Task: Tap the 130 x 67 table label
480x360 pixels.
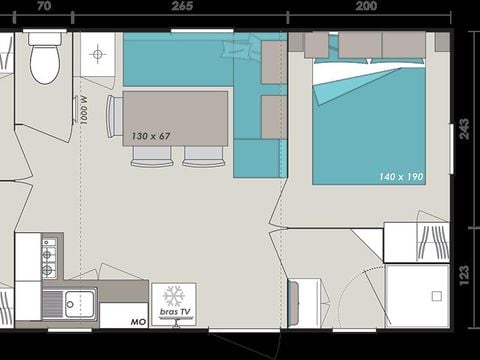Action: (x=151, y=136)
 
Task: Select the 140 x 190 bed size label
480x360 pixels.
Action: (x=401, y=176)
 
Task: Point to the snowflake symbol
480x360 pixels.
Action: (x=174, y=296)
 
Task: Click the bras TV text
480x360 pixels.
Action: (x=175, y=312)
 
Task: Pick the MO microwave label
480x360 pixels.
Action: (x=138, y=322)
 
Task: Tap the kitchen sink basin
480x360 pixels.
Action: (x=80, y=304)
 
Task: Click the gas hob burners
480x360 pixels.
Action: (x=49, y=258)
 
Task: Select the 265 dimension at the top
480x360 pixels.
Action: (x=182, y=6)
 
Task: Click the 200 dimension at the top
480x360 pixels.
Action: (x=366, y=6)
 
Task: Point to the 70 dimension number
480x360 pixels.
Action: (x=44, y=6)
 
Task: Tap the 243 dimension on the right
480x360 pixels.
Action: (x=464, y=129)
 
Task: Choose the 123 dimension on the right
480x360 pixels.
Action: (x=464, y=275)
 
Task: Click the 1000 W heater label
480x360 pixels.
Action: (x=84, y=110)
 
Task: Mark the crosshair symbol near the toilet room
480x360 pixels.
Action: (x=98, y=54)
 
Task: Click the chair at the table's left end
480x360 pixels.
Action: (x=114, y=116)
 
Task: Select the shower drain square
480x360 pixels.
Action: (x=437, y=296)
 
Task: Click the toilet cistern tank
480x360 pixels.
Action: (x=45, y=39)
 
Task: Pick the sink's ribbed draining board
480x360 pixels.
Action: (x=52, y=304)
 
